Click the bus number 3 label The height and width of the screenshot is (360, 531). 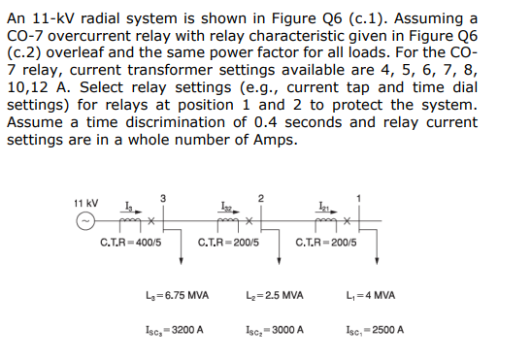pyautogui.click(x=164, y=198)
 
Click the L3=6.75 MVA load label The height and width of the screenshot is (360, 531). pyautogui.click(x=173, y=295)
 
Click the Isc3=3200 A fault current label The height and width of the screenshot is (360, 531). pyautogui.click(x=173, y=329)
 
